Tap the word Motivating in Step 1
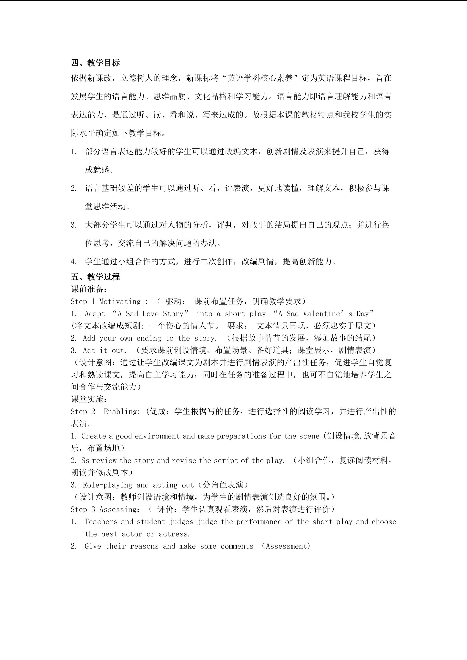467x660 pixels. tap(120, 301)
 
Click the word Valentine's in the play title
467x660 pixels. tap(326, 314)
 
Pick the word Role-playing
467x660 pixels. tap(107, 485)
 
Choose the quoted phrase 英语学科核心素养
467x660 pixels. tap(260, 78)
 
